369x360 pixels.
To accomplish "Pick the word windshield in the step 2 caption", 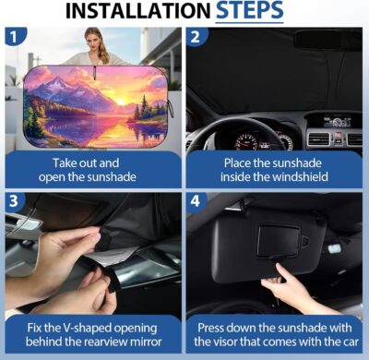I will (x=297, y=176).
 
